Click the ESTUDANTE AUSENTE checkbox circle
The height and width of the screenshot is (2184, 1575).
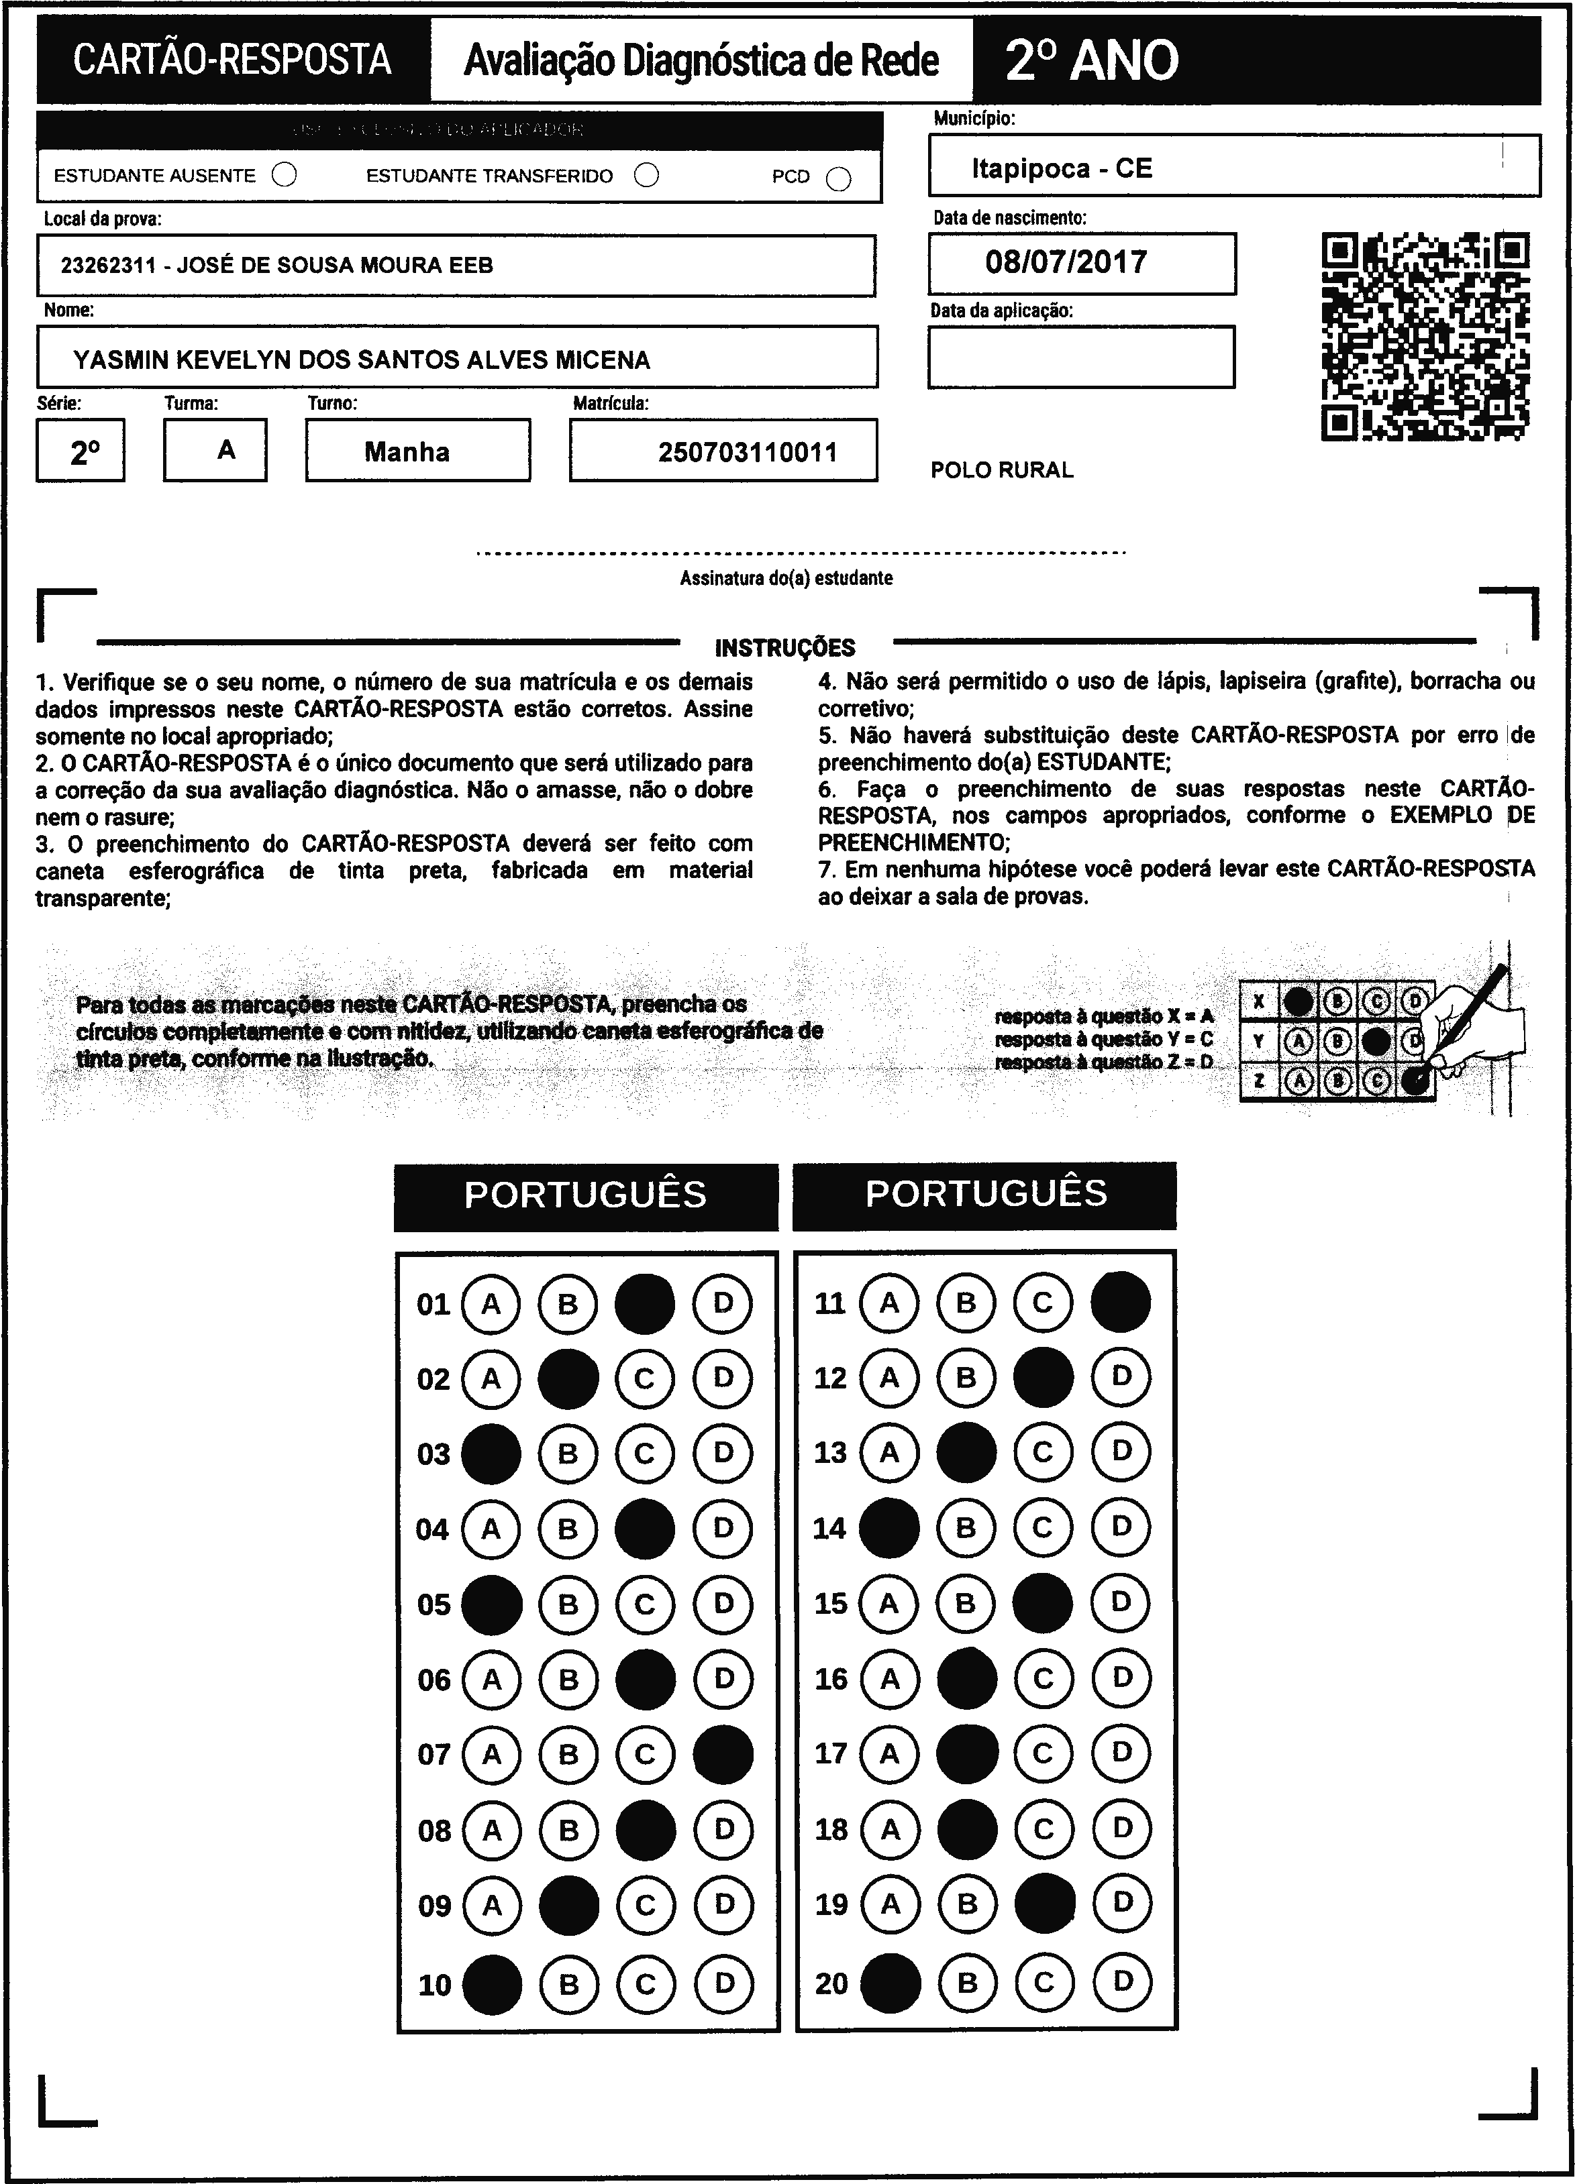point(284,175)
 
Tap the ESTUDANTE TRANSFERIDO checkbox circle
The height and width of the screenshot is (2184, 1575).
point(646,175)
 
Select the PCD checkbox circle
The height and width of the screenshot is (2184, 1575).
point(839,179)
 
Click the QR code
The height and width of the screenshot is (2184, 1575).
point(1426,337)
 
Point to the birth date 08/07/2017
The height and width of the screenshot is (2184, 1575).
point(1066,262)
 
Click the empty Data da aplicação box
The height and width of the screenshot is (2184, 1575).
point(1081,358)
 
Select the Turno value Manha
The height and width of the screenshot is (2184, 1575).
point(407,451)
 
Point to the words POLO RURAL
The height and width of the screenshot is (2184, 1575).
point(1002,470)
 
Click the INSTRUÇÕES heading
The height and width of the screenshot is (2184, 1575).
point(785,648)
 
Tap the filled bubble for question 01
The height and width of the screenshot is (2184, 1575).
point(644,1304)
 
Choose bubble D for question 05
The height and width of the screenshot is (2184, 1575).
point(723,1604)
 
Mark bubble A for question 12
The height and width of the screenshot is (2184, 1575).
point(888,1377)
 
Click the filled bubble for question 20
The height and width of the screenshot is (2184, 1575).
point(889,1983)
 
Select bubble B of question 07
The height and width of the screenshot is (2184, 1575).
point(568,1755)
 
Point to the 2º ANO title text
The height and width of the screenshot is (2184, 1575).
point(1091,60)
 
